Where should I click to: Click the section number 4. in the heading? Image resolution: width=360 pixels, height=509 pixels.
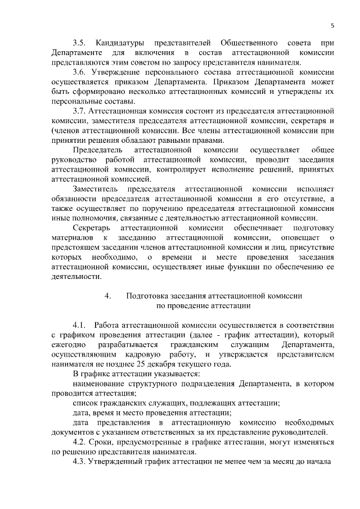[108, 295]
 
